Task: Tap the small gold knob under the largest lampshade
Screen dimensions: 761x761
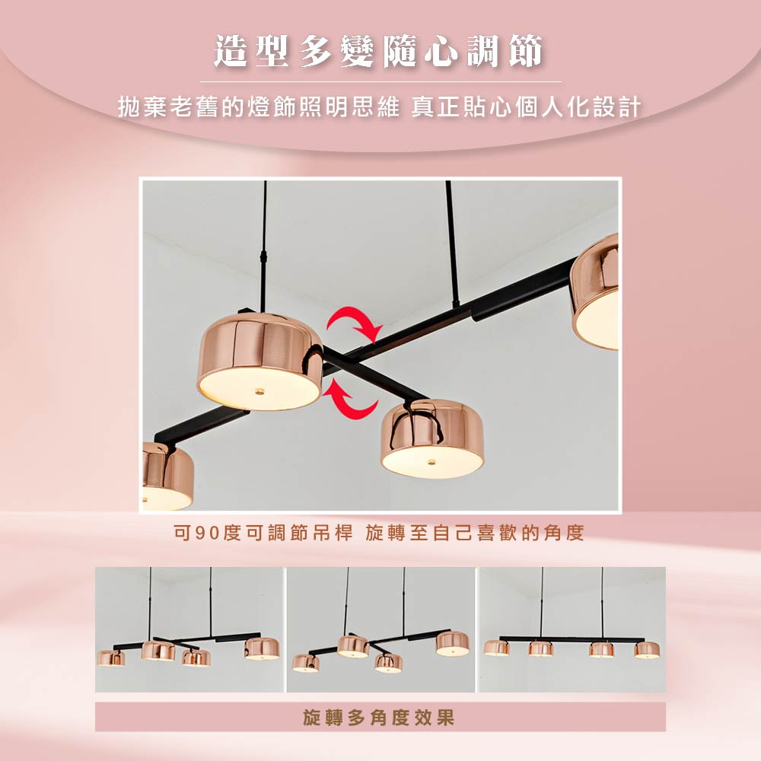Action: pos(260,390)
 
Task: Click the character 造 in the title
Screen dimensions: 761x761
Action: pos(231,52)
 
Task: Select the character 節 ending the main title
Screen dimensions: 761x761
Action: pos(526,52)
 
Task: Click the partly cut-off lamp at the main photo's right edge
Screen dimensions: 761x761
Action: pos(594,292)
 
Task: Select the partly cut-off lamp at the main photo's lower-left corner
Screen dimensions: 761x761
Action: pos(167,476)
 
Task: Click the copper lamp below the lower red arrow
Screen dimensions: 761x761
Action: pos(432,439)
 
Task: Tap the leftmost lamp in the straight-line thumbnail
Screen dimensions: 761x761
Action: pos(496,648)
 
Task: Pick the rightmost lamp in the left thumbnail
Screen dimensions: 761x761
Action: pos(262,649)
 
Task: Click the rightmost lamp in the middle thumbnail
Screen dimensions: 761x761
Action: pos(452,644)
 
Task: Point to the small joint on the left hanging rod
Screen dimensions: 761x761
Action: pos(265,255)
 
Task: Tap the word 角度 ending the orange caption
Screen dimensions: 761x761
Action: pos(563,533)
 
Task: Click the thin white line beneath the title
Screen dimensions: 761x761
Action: pos(380,82)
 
